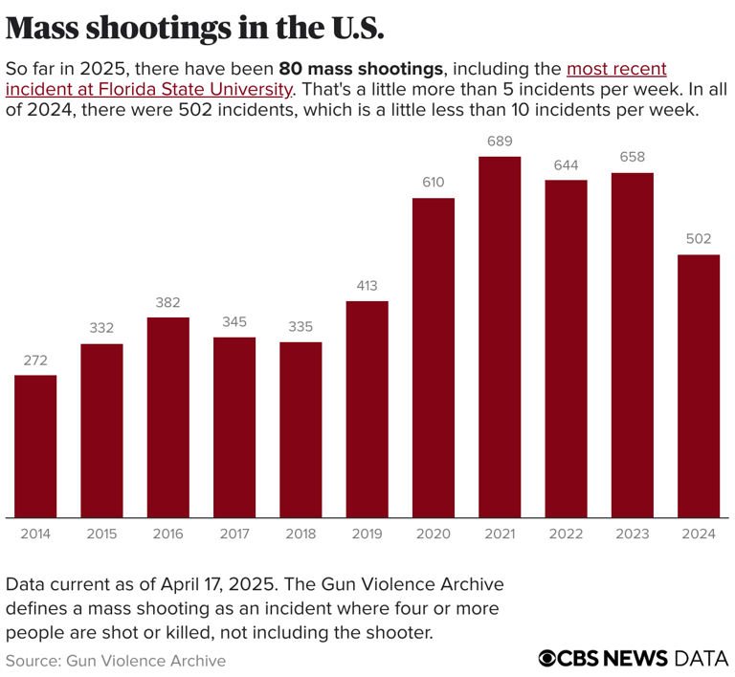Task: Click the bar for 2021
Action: [x=500, y=337]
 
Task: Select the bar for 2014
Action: [x=35, y=446]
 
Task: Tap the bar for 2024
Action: [x=699, y=385]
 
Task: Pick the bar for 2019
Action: [x=367, y=409]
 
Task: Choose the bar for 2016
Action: [x=167, y=417]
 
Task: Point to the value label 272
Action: [x=35, y=360]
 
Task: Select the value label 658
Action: [x=633, y=158]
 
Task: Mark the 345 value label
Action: [x=234, y=322]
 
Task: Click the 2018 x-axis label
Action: [x=301, y=534]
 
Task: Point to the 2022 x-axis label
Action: [x=566, y=534]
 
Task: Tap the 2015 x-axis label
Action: [x=101, y=534]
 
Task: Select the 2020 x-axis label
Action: [x=434, y=534]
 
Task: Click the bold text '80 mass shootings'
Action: [x=362, y=69]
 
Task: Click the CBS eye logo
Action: [x=548, y=658]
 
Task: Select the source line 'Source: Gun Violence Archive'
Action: [x=116, y=660]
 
